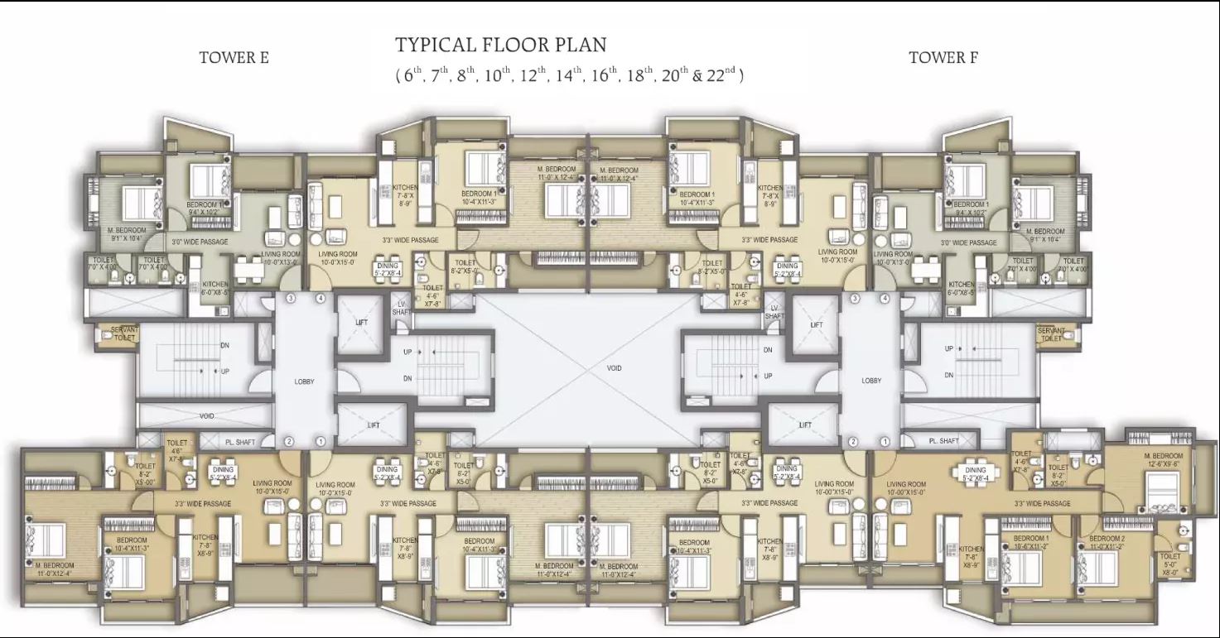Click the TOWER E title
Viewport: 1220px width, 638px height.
tap(234, 58)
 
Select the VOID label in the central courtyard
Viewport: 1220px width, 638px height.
tap(613, 368)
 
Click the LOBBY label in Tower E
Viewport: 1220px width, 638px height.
tap(304, 381)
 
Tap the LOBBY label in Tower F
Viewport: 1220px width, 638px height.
tap(871, 381)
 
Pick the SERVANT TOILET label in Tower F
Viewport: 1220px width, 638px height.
tap(1051, 334)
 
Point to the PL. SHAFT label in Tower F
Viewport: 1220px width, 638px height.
tap(943, 441)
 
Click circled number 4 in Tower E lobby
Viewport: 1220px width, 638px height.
tap(320, 298)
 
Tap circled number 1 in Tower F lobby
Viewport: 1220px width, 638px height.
tap(885, 442)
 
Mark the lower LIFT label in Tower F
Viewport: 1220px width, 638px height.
tap(804, 425)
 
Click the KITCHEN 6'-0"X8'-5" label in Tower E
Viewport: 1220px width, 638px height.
tap(215, 287)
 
